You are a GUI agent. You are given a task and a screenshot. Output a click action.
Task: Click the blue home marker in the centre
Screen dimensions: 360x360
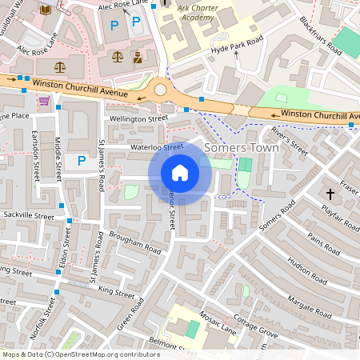pos(180,172)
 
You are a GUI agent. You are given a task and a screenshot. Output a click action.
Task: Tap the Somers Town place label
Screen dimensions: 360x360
pos(242,148)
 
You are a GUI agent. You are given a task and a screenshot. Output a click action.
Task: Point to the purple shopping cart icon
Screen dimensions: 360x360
pos(45,101)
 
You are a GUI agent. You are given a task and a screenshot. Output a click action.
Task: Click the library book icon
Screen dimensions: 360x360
pos(45,10)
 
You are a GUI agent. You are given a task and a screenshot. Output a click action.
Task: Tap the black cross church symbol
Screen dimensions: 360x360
pos(330,194)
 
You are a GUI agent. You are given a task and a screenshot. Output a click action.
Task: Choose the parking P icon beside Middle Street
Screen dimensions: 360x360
pos(81,161)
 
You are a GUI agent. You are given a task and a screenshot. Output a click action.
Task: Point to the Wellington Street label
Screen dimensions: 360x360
pos(138,118)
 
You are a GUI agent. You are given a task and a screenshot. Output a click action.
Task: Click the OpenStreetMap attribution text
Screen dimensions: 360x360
pos(80,354)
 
